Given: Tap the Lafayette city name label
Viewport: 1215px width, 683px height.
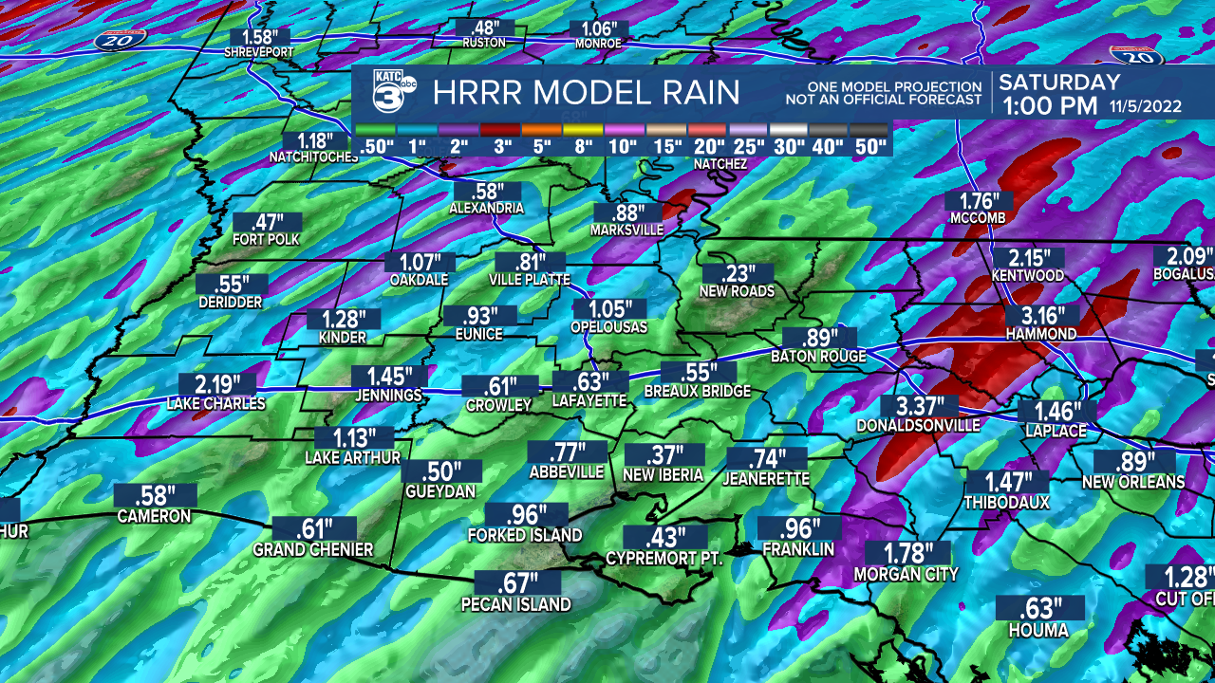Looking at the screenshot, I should tap(589, 401).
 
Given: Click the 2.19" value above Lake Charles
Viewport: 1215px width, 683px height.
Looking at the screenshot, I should tap(215, 384).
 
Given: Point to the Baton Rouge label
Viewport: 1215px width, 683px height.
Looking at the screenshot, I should tap(818, 357).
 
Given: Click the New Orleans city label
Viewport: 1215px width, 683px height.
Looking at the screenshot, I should tap(1133, 482).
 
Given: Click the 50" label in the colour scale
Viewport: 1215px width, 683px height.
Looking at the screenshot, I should tap(869, 147).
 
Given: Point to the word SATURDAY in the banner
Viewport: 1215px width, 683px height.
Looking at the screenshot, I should tap(1059, 83).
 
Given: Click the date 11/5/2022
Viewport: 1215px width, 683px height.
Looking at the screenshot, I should tap(1144, 106).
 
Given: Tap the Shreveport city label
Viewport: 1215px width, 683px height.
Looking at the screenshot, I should tap(259, 53).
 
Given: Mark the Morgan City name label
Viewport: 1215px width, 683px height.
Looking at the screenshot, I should tap(906, 574).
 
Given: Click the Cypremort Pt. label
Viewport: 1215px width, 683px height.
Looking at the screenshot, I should tap(664, 559).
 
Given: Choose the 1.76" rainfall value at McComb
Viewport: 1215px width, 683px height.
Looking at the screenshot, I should tap(978, 200).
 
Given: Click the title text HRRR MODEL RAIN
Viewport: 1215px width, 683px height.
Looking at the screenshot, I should tap(586, 93).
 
